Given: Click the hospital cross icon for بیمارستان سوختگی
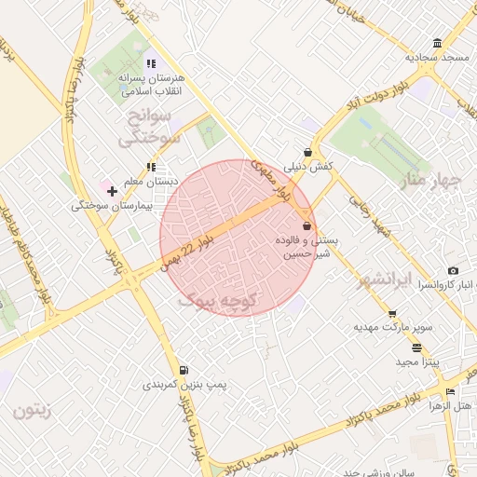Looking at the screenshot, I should coord(113,191).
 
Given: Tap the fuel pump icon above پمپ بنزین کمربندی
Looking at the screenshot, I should coord(184,370).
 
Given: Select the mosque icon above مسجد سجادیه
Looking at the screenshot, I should coord(438,44).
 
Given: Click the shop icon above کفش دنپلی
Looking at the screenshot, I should coord(307,153).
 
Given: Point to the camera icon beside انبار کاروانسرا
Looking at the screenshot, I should coord(453,270).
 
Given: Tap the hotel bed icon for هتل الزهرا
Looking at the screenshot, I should coord(451,391).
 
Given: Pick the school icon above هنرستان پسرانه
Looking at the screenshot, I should coord(152,64).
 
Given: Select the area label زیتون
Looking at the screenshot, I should coord(32,408).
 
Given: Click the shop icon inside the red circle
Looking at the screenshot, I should coord(307,226).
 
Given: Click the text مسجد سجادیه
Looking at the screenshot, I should coord(435,58).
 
